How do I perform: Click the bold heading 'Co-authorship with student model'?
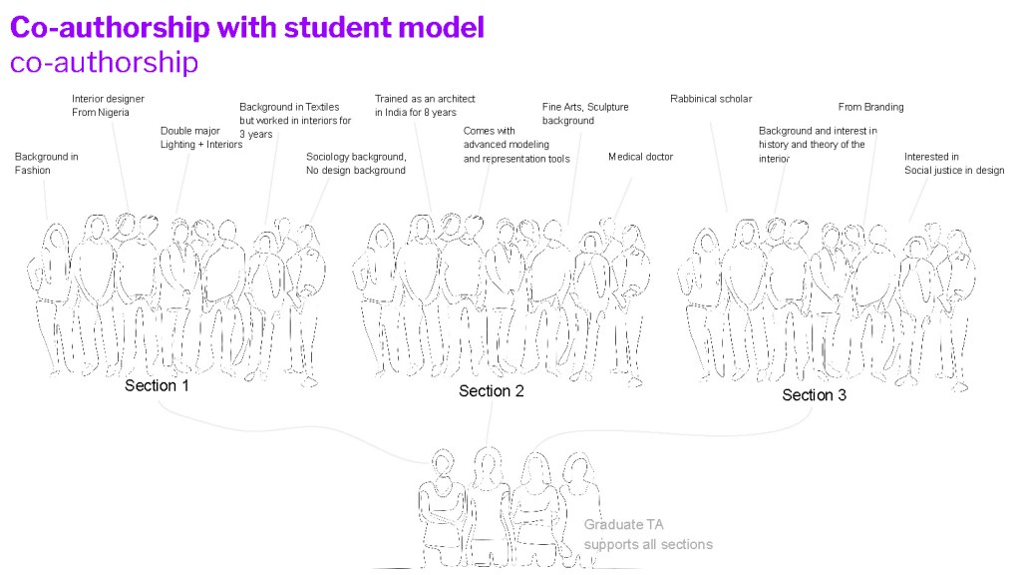pos(247,27)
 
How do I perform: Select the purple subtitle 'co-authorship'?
pos(104,63)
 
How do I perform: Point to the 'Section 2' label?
pos(492,391)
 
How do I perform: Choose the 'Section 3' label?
pos(815,395)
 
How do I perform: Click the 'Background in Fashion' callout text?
pos(47,164)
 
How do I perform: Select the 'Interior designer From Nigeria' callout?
pos(108,106)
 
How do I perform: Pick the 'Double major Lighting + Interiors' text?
pos(201,138)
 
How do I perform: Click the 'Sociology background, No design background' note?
pos(356,164)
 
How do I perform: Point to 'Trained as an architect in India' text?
pos(425,106)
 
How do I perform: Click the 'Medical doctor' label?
pos(640,157)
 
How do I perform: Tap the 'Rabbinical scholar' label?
pos(711,99)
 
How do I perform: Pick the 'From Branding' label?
pos(870,108)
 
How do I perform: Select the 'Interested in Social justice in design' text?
pos(953,164)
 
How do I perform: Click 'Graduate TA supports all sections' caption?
pos(648,535)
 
